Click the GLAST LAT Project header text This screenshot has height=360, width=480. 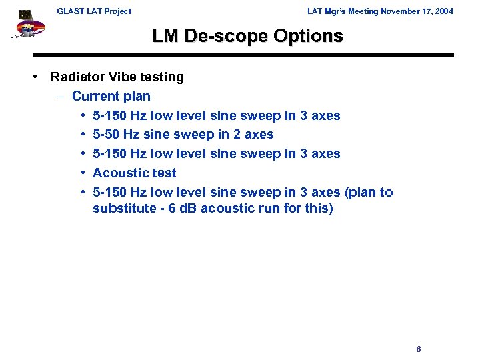point(94,11)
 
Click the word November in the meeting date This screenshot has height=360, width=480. point(398,11)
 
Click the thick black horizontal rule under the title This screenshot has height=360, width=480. point(243,55)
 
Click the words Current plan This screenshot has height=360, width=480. point(111,97)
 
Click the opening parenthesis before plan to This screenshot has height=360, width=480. point(346,193)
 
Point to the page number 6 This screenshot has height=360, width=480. point(418,349)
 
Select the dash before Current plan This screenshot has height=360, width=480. point(60,97)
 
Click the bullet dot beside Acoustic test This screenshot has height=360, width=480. point(82,173)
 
